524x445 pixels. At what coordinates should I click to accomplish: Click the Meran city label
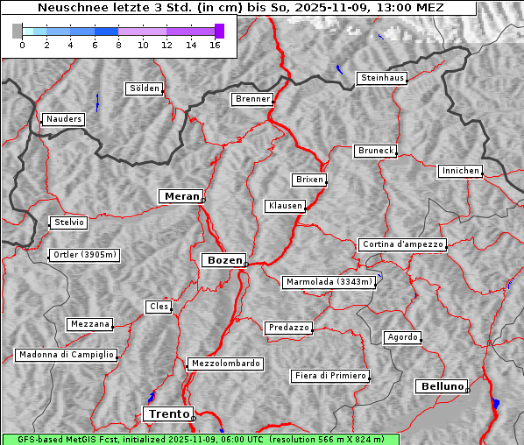pyautogui.click(x=181, y=196)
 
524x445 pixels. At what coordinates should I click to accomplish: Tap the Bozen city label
pyautogui.click(x=223, y=260)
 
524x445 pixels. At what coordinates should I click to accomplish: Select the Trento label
pyautogui.click(x=167, y=413)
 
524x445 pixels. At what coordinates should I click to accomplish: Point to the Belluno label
pyautogui.click(x=441, y=385)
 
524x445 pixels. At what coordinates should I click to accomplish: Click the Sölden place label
pyautogui.click(x=145, y=88)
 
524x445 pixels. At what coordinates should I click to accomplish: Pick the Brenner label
pyautogui.click(x=252, y=99)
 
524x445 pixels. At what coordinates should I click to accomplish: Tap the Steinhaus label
pyautogui.click(x=383, y=78)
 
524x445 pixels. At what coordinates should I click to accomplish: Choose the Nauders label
pyautogui.click(x=63, y=119)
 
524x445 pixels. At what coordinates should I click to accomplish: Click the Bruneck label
pyautogui.click(x=376, y=151)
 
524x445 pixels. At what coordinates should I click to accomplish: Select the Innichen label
pyautogui.click(x=460, y=171)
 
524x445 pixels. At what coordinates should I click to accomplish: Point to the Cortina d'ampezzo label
pyautogui.click(x=402, y=244)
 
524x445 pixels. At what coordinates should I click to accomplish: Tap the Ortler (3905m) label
pyautogui.click(x=82, y=255)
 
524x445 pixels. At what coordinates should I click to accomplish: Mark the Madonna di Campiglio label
pyautogui.click(x=66, y=355)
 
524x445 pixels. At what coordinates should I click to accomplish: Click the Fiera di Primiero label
pyautogui.click(x=329, y=376)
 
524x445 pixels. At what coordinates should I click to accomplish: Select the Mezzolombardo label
pyautogui.click(x=224, y=363)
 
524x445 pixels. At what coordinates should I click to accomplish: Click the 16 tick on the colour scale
pyautogui.click(x=215, y=45)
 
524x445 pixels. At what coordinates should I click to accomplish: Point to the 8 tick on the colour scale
pyautogui.click(x=118, y=45)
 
